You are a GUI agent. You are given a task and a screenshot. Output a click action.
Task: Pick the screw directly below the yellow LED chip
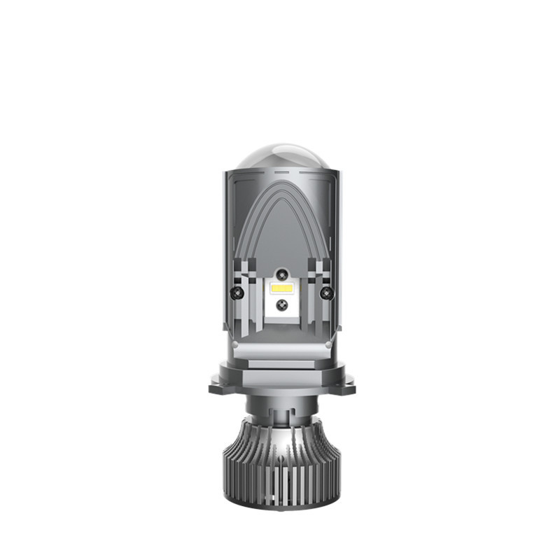point(280,304)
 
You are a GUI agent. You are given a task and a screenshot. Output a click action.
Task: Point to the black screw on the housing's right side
point(324,291)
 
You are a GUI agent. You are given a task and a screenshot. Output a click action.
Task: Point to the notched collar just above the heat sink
point(280,407)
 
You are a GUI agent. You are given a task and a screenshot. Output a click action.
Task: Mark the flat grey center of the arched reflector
point(280,231)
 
